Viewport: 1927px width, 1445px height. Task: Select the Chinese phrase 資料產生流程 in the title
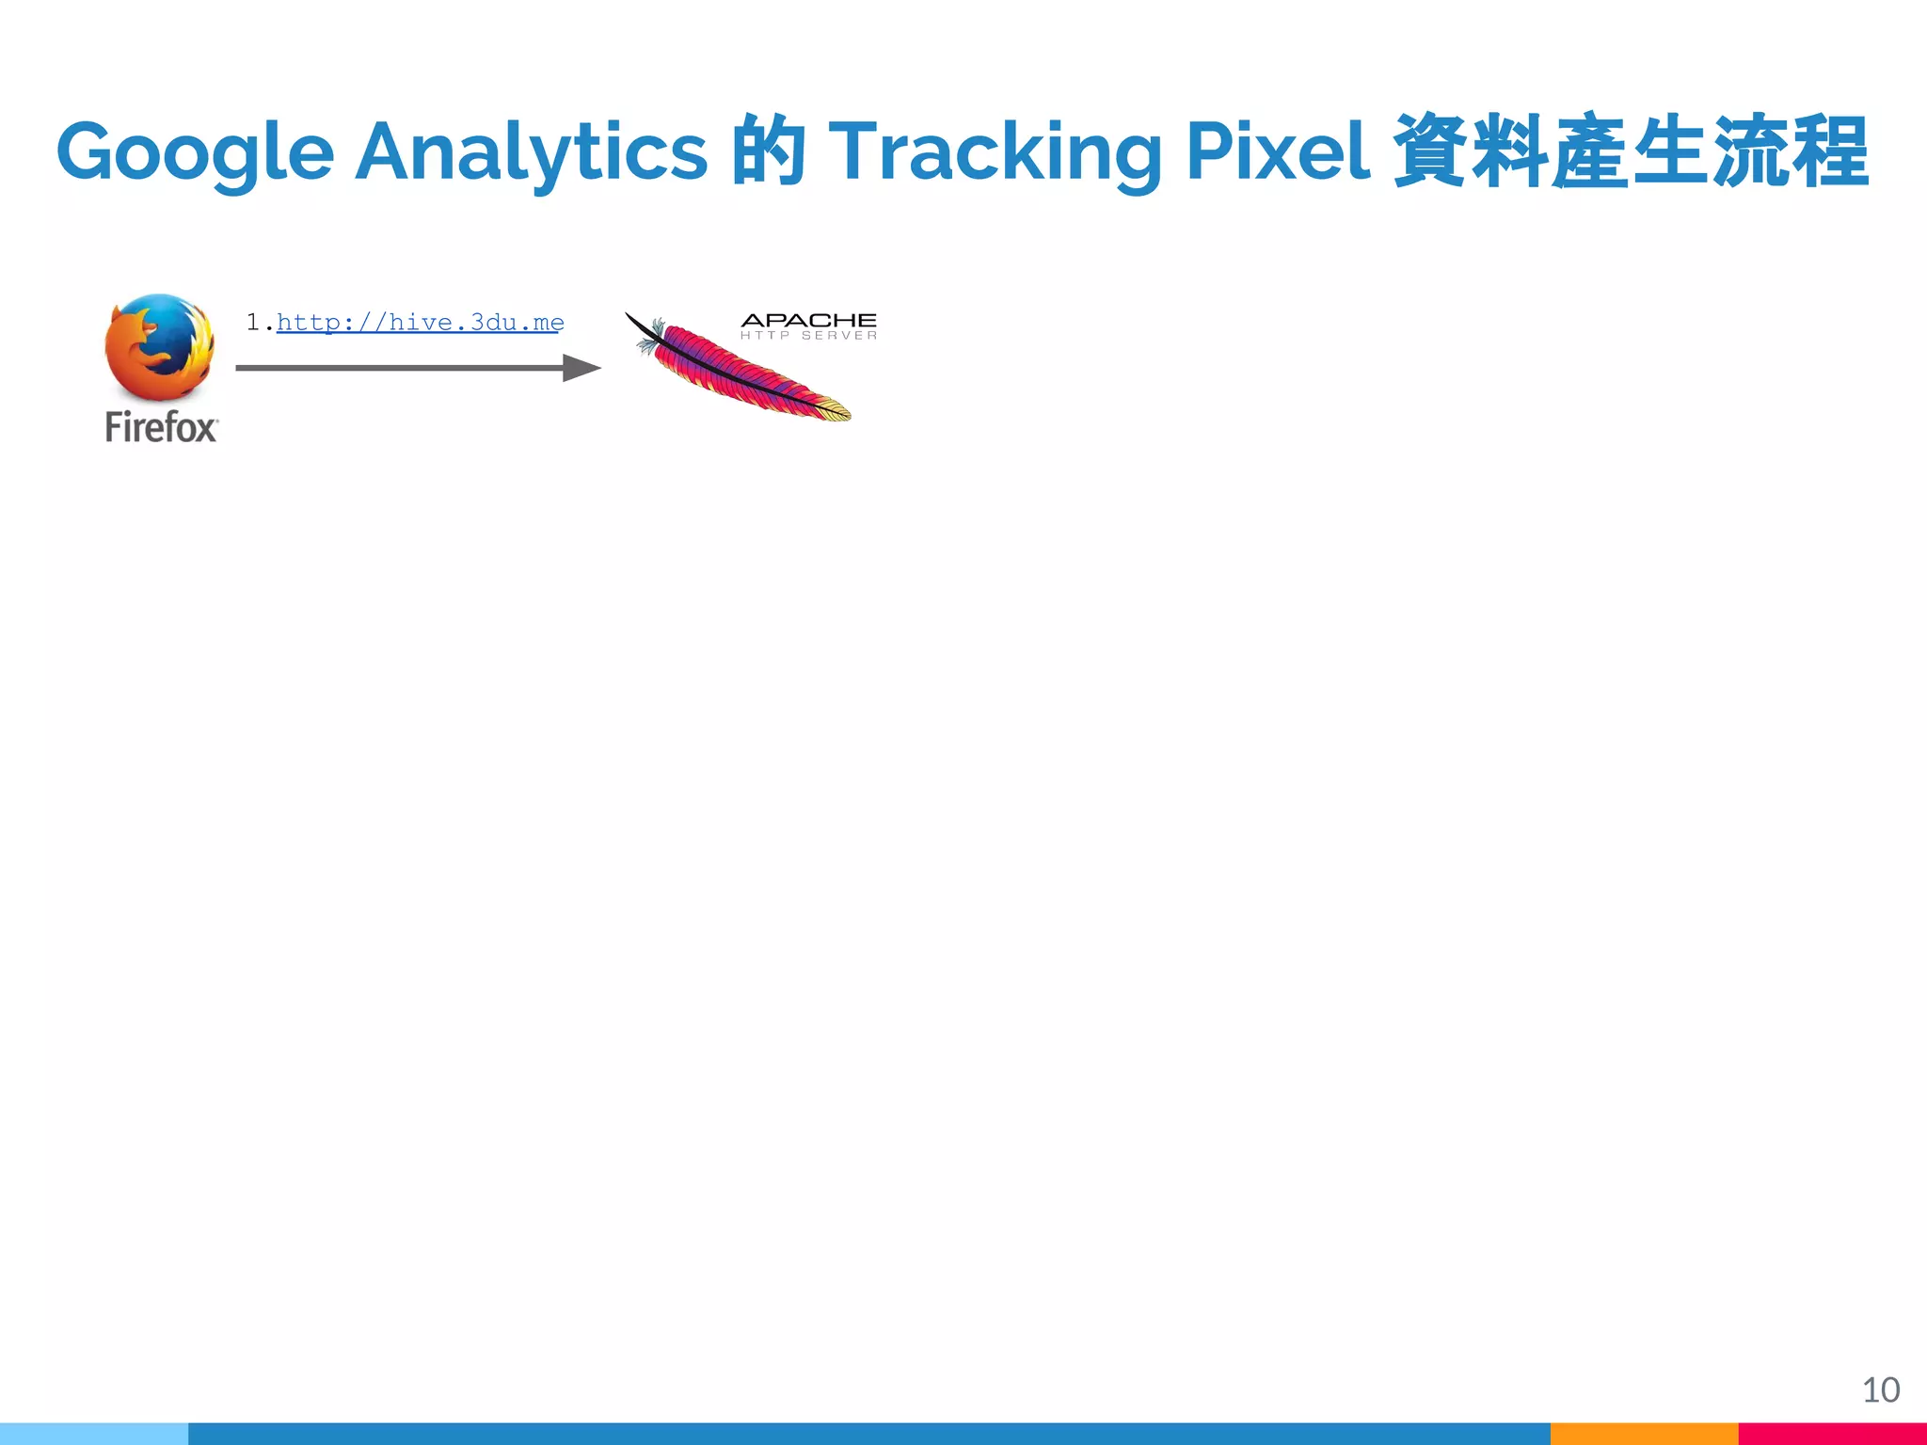pos(1630,151)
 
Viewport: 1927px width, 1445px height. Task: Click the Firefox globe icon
pos(159,347)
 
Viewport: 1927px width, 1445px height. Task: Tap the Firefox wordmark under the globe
pos(161,428)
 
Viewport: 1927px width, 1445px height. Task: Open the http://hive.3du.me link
pos(420,323)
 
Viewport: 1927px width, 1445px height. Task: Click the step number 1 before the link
pos(253,323)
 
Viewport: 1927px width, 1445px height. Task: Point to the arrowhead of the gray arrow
pos(582,368)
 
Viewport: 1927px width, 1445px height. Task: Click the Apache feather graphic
pos(743,372)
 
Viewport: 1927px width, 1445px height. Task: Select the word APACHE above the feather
pos(808,321)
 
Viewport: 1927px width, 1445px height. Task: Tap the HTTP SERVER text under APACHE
pos(808,336)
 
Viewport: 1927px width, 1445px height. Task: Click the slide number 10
pos(1880,1389)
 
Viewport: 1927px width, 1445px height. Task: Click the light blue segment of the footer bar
pos(94,1434)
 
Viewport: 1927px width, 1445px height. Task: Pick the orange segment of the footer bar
pos(1644,1434)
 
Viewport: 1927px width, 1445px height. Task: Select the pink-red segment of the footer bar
pos(1832,1434)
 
